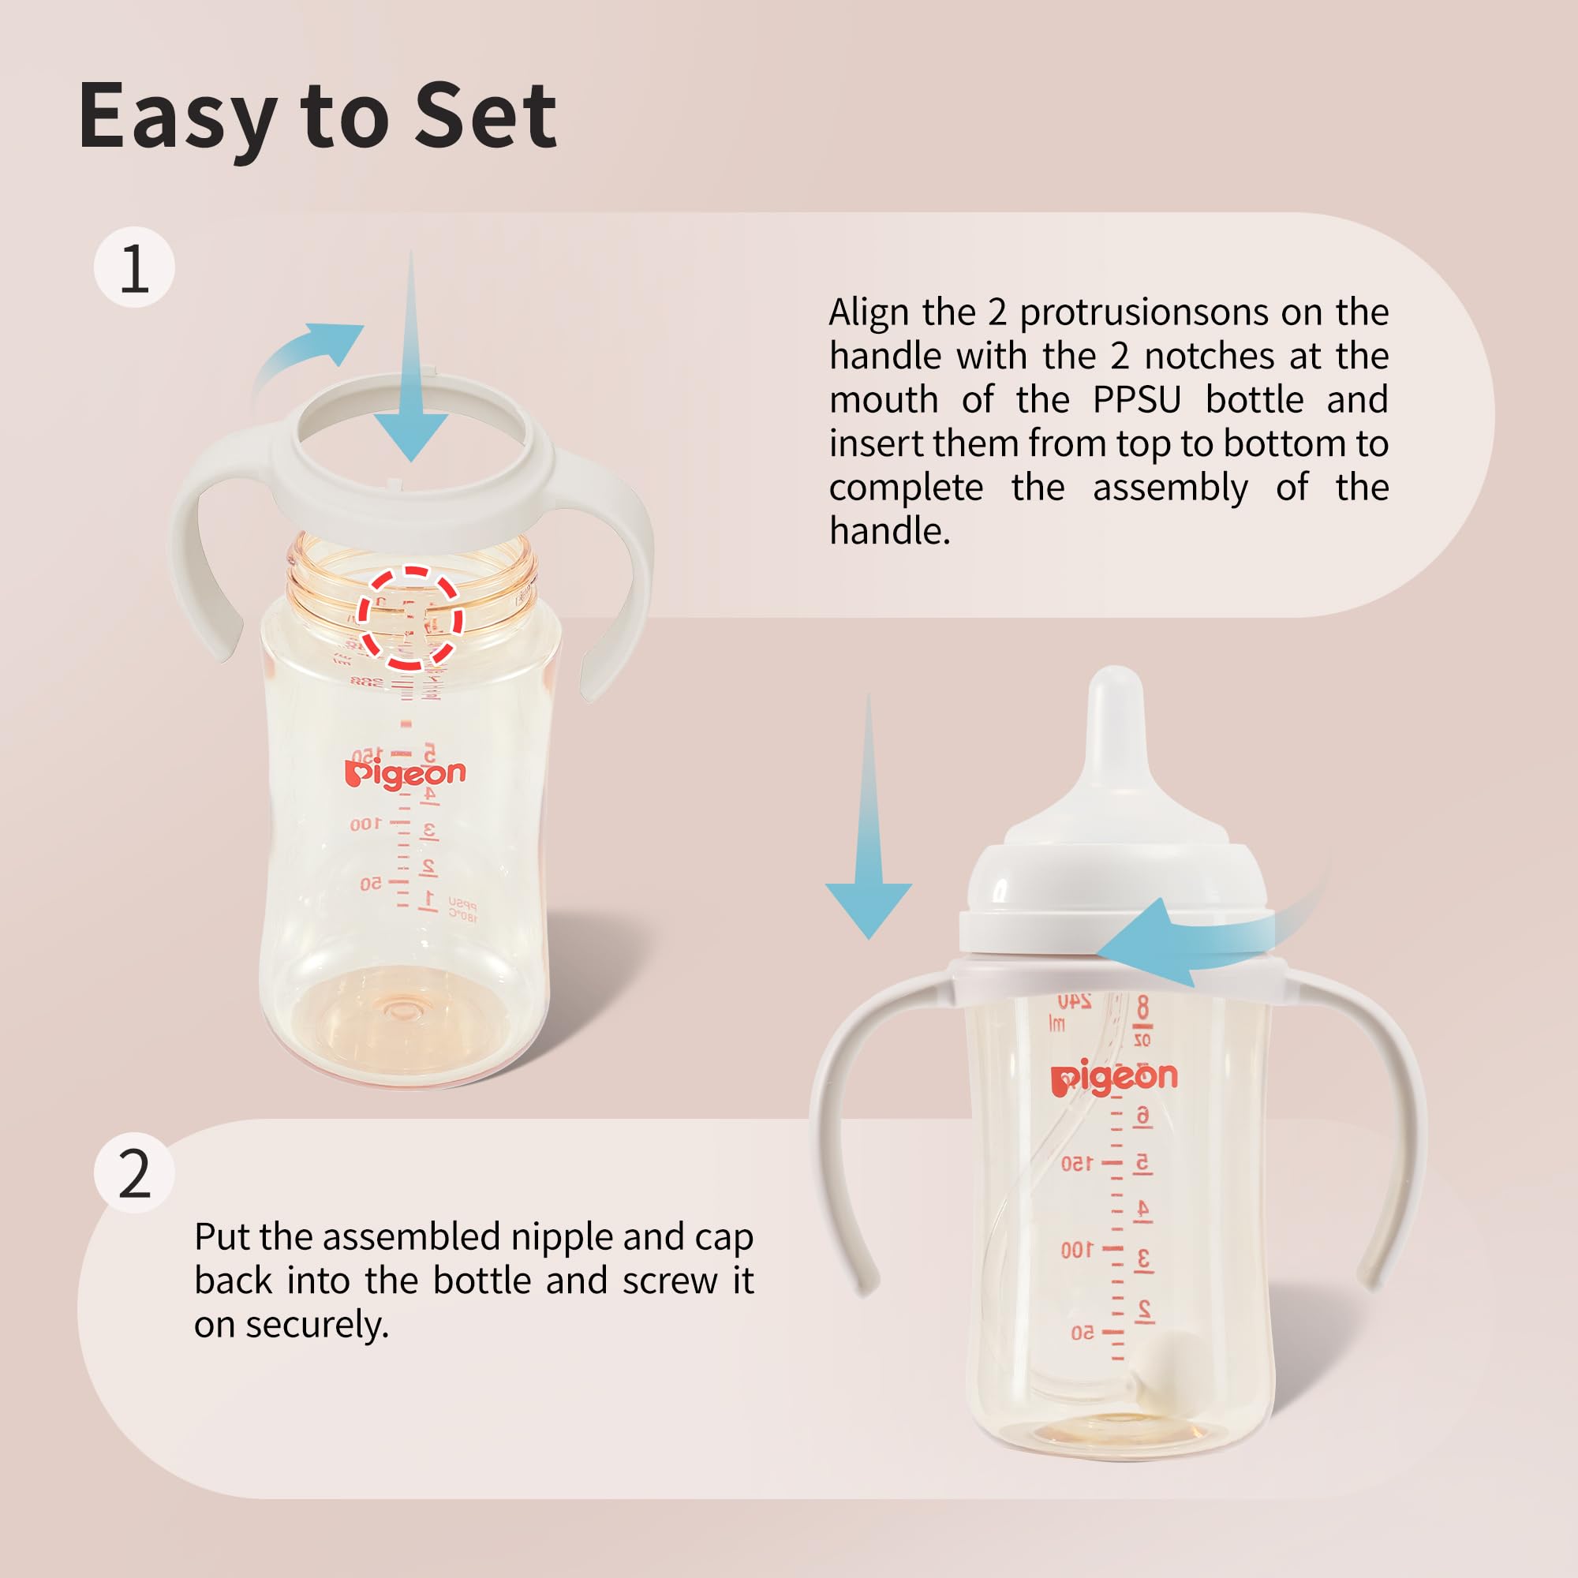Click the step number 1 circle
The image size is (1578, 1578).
click(135, 268)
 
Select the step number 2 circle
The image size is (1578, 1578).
click(135, 1175)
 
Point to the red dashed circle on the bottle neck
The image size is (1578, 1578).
click(412, 619)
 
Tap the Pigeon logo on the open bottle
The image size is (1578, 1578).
click(405, 772)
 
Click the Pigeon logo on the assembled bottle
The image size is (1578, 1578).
click(1114, 1079)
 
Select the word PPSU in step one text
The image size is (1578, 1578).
click(1137, 400)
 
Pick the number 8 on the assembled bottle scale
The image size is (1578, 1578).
click(1142, 1007)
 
